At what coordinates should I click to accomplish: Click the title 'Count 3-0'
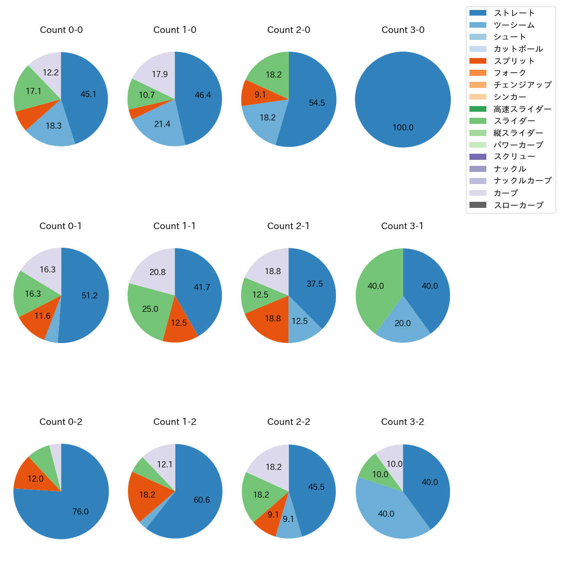point(403,30)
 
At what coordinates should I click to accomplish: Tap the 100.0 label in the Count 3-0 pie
point(403,128)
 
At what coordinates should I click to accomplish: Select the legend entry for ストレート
point(514,13)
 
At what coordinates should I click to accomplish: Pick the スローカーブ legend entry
point(518,205)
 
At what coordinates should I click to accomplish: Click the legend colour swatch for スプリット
point(478,61)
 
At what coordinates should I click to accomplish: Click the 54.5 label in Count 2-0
point(317,103)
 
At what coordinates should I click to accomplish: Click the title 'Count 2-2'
point(288,422)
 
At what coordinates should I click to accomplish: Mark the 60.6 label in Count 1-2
point(202,500)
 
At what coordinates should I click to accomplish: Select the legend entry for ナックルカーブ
point(522,181)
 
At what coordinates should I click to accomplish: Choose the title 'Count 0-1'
point(61,226)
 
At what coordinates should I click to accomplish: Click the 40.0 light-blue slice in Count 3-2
point(385,513)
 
